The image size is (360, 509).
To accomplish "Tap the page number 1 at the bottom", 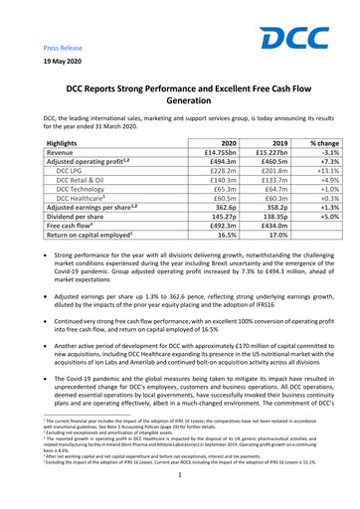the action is tap(180, 490).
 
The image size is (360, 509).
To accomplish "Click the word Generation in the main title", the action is tap(180, 101).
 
